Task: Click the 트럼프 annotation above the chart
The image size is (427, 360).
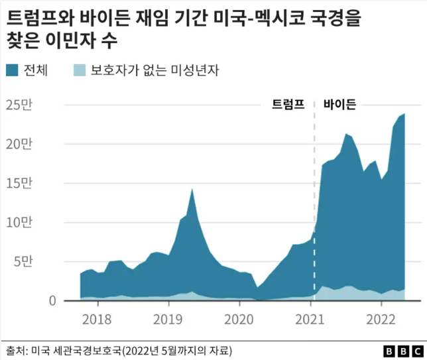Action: [x=288, y=104]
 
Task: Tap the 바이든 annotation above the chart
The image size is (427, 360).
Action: [x=339, y=104]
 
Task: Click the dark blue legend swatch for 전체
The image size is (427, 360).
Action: [x=13, y=70]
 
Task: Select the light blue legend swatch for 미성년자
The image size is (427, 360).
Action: [x=78, y=70]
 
